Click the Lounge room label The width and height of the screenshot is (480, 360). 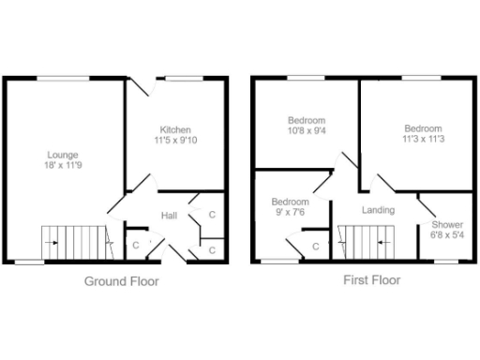tap(64, 154)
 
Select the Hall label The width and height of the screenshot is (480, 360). tap(170, 216)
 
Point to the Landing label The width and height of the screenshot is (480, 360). tap(378, 209)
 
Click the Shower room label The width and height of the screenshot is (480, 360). tap(446, 225)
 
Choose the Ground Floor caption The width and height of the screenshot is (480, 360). tap(122, 280)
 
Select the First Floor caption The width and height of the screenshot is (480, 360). tap(372, 279)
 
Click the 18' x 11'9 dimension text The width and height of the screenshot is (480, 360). tap(64, 166)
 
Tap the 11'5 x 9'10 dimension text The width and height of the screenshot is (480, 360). tap(175, 141)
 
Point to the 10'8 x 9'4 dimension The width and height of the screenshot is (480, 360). tap(307, 132)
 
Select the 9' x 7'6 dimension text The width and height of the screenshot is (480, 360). tap(290, 213)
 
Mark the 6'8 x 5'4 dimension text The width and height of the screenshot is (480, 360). tap(446, 236)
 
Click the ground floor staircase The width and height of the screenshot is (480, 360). tap(73, 242)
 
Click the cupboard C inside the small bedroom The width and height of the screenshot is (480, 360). tap(316, 247)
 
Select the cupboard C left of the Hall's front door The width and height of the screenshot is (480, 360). tap(136, 246)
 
